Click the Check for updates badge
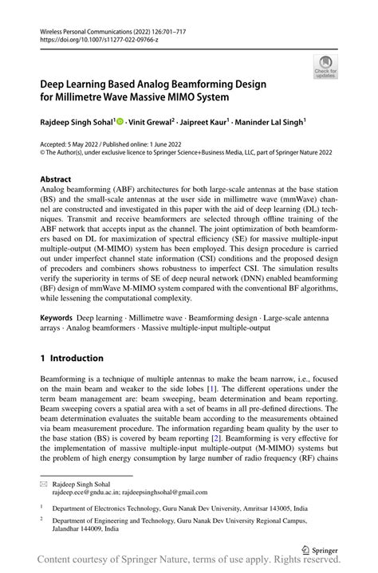point(325,66)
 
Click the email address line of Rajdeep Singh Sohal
point(129,493)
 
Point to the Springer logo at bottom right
point(317,548)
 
